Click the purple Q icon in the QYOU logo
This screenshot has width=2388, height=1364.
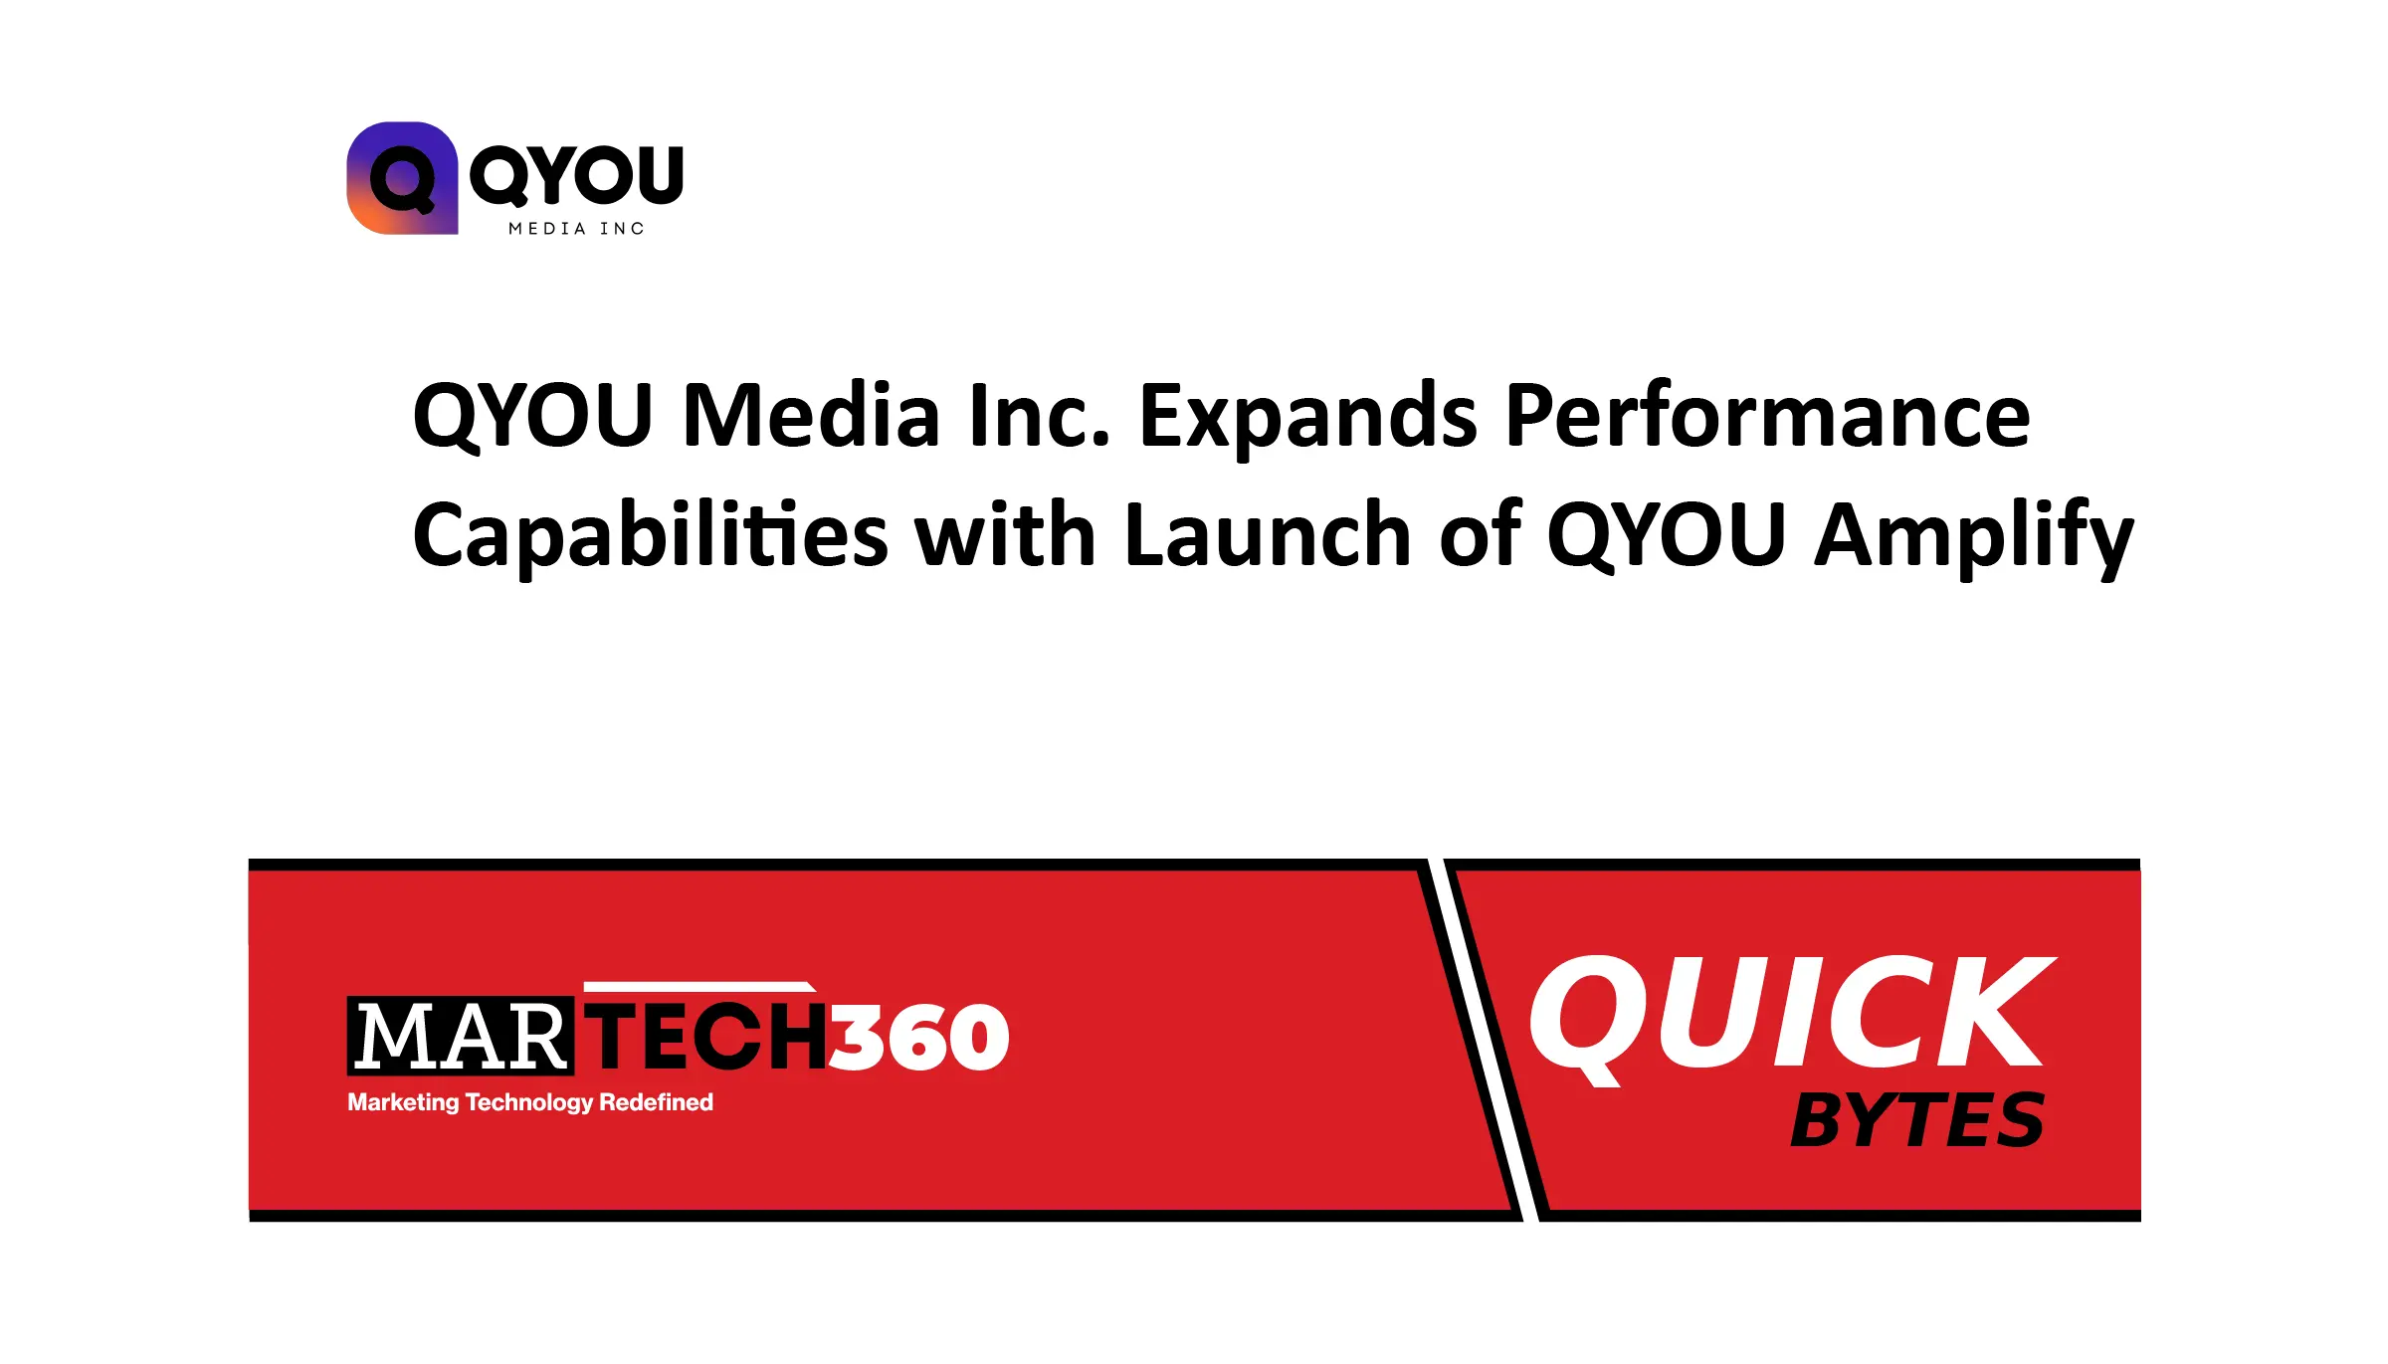click(402, 178)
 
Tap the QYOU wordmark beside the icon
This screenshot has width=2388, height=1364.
click(576, 176)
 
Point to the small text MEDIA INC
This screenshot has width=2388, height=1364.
click(576, 229)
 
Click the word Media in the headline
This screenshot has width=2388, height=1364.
click(811, 416)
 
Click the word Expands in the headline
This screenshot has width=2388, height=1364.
click(1307, 422)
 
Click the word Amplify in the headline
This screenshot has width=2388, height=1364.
click(1974, 537)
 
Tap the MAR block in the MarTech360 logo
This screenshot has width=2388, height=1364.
click(460, 1036)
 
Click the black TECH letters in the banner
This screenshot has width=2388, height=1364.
click(706, 1036)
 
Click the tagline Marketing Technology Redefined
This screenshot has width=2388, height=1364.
click(530, 1102)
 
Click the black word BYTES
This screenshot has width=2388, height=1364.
click(1917, 1120)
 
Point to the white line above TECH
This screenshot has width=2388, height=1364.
click(699, 987)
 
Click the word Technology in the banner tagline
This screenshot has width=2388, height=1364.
click(528, 1103)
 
